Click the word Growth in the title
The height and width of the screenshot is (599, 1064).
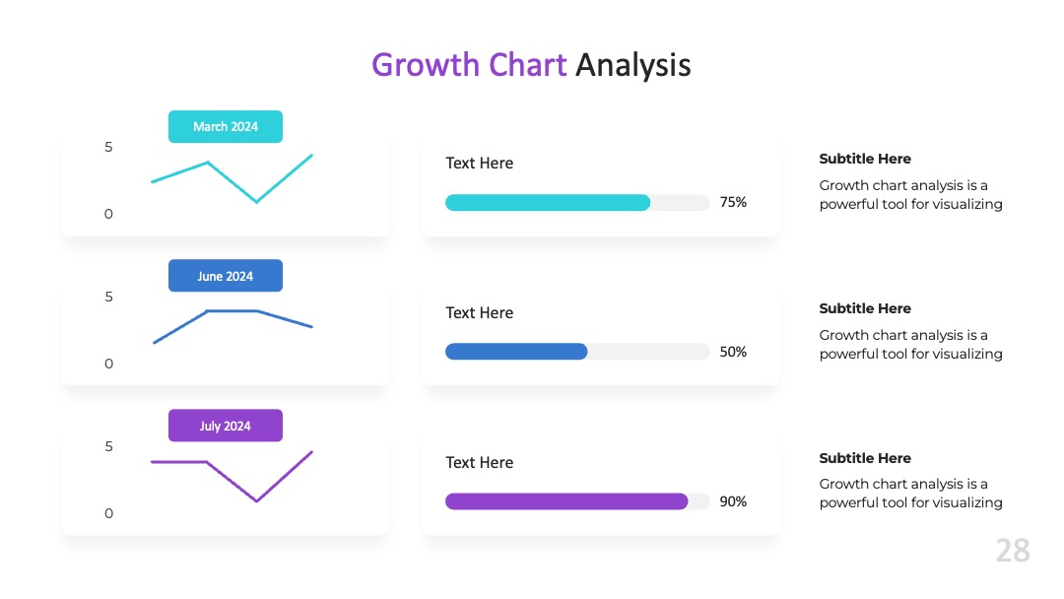pos(426,66)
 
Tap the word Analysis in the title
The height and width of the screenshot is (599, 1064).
pos(633,66)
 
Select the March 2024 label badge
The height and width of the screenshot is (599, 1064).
pos(226,127)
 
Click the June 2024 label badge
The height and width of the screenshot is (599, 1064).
pos(226,276)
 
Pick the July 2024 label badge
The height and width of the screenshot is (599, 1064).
pos(226,426)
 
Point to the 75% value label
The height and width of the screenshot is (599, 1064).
pos(733,202)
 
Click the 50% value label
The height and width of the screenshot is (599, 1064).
pos(733,352)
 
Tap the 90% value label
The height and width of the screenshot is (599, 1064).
pos(733,502)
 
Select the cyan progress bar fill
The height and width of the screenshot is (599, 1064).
pos(548,202)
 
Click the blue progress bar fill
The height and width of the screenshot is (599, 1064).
pos(516,352)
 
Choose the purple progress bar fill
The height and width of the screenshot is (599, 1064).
pos(566,501)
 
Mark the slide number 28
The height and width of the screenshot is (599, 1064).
pos(1013,550)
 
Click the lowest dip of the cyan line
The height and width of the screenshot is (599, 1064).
pos(256,202)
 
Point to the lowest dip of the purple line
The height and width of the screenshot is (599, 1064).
pos(256,501)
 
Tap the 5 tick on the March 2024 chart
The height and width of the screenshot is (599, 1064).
pos(108,147)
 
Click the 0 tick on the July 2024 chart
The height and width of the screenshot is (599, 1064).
pos(108,513)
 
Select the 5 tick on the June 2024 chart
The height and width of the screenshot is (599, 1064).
pos(108,298)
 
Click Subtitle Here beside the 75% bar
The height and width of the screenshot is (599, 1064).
pos(865,159)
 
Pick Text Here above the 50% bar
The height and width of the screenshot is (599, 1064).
pos(479,312)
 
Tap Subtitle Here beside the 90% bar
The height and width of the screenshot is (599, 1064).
pos(865,458)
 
